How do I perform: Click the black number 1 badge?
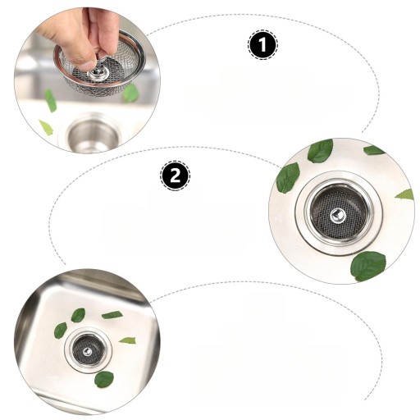tap(262, 44)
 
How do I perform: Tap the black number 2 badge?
tap(175, 176)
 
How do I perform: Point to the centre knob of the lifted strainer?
tap(98, 73)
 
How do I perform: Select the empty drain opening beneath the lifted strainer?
tap(94, 135)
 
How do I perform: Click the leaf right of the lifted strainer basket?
tap(130, 94)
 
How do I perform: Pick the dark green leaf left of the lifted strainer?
tap(51, 100)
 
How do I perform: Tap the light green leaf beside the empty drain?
tap(46, 127)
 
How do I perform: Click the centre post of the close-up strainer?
tap(338, 215)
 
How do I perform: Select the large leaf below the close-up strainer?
tap(368, 267)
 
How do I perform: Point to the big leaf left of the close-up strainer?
tap(288, 178)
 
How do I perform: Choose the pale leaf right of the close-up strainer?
tap(404, 194)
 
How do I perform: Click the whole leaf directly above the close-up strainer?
tap(321, 151)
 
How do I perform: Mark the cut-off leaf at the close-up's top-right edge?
tap(374, 150)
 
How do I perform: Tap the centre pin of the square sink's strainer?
tap(88, 351)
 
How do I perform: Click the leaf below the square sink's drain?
tap(104, 379)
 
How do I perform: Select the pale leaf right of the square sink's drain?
tap(127, 340)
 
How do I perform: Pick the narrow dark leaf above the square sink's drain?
tap(112, 315)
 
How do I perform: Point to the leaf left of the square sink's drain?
tap(61, 331)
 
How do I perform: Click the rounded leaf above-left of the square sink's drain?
tap(78, 315)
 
